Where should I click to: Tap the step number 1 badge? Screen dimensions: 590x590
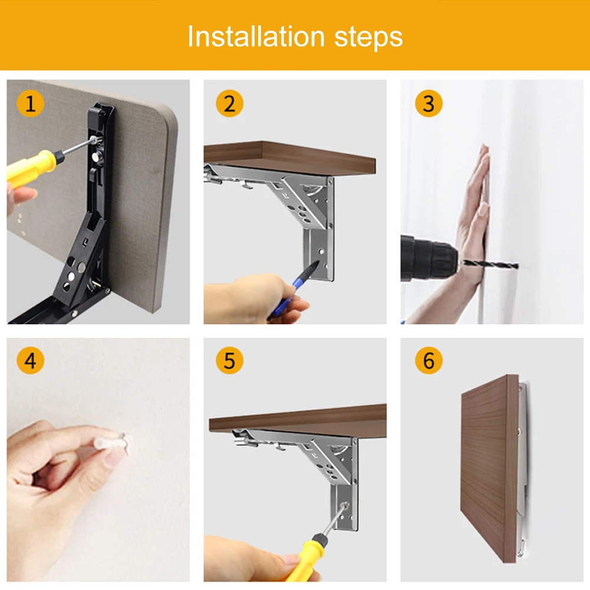[30, 104]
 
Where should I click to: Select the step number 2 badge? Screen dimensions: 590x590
[229, 104]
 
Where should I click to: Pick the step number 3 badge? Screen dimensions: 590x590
[429, 104]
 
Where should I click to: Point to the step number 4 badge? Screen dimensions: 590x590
[30, 361]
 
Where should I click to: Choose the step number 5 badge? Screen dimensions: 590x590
[229, 361]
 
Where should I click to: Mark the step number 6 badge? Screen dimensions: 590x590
[429, 361]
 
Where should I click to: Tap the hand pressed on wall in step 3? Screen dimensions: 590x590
[474, 218]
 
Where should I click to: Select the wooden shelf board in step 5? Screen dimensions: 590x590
[298, 417]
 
